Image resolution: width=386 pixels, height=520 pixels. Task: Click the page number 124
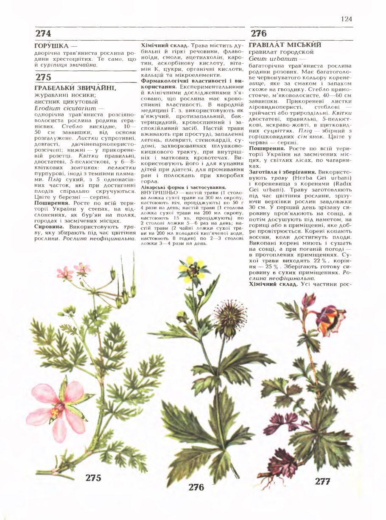click(x=346, y=19)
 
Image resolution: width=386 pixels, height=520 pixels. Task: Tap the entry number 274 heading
click(x=43, y=34)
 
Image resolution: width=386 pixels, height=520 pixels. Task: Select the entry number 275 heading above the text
click(x=43, y=77)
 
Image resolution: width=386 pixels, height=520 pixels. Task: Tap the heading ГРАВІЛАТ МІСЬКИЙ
click(x=285, y=45)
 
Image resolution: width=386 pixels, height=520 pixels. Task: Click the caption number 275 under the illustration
click(x=93, y=478)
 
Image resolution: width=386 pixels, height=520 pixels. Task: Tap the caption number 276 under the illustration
click(x=196, y=487)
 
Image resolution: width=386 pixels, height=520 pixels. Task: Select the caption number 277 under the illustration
click(x=323, y=481)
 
